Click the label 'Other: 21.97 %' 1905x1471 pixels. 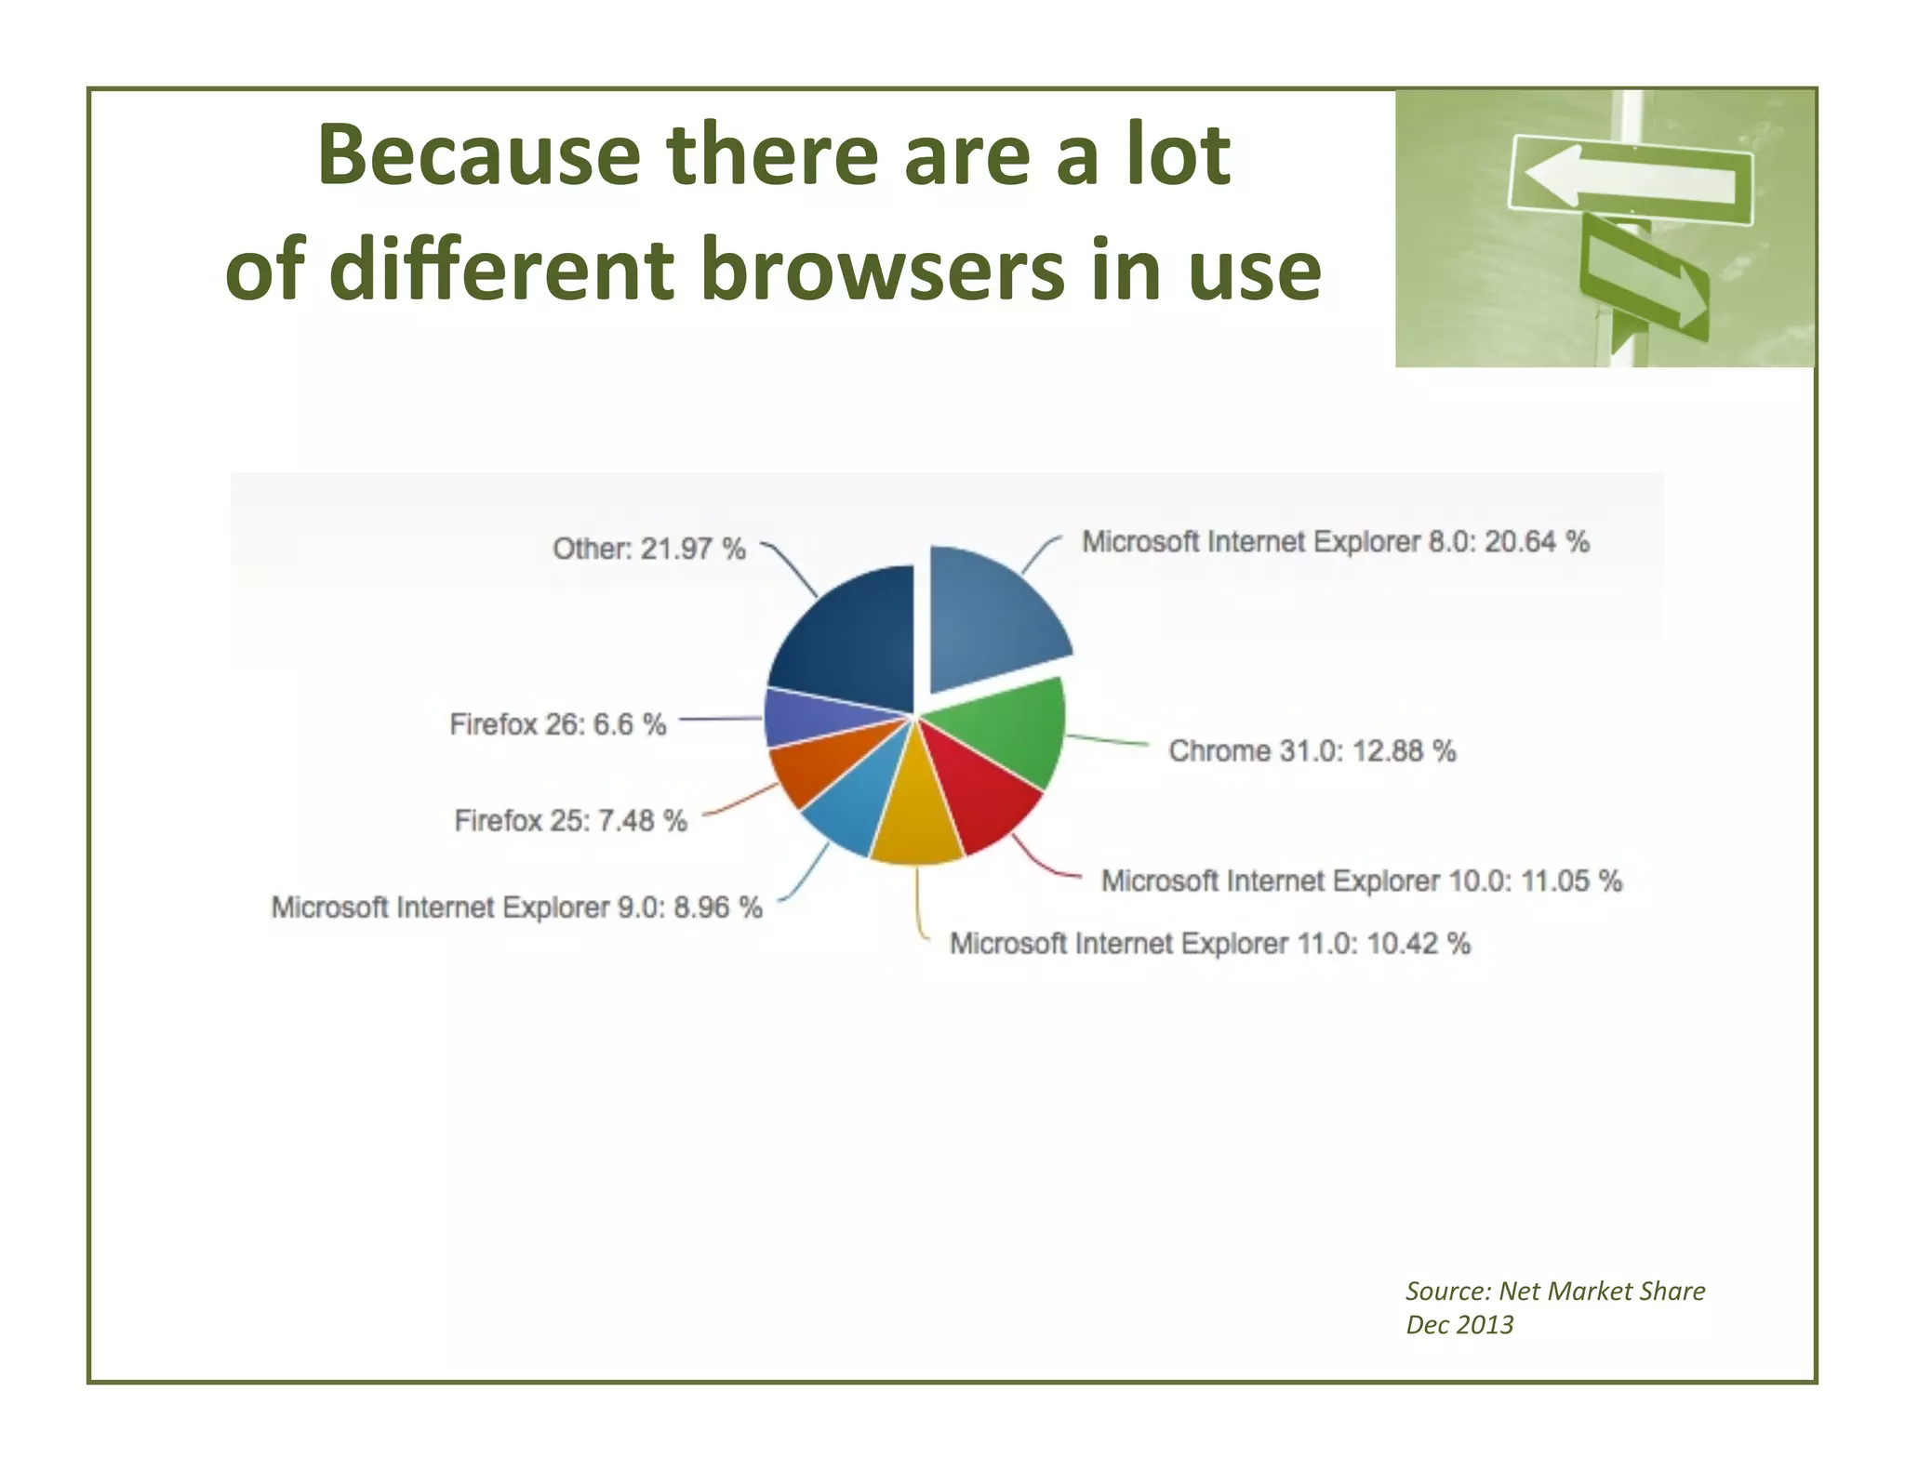coord(648,549)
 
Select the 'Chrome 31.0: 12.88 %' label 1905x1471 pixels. coord(1312,750)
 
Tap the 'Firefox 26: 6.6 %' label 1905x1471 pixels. coord(557,724)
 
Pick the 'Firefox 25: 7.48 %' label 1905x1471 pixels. coord(570,820)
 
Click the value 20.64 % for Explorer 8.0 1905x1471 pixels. coord(1536,541)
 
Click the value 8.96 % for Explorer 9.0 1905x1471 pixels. coord(717,907)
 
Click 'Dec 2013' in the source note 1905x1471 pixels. coord(1459,1324)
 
